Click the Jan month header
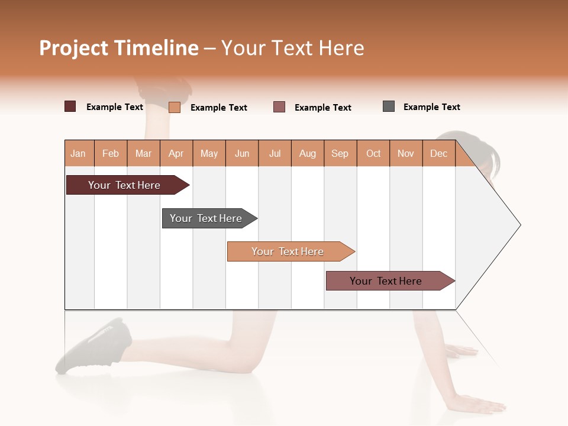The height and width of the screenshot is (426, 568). [x=79, y=153]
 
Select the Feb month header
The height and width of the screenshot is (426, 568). [x=111, y=153]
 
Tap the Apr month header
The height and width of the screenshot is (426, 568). [x=176, y=153]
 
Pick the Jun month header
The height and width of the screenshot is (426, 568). [x=242, y=153]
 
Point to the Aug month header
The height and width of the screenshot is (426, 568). [x=308, y=153]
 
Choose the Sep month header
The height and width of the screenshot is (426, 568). [x=340, y=153]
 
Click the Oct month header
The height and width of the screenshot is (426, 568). [x=373, y=153]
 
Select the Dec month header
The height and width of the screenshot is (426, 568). [x=439, y=153]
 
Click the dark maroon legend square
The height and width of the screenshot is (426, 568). [x=70, y=106]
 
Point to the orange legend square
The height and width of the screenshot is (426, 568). [x=175, y=107]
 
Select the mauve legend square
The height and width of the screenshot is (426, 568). [x=279, y=106]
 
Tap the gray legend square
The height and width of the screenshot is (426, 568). [x=389, y=106]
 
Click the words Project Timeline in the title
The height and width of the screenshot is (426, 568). [x=119, y=48]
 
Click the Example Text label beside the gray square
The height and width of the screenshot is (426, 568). [x=431, y=107]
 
